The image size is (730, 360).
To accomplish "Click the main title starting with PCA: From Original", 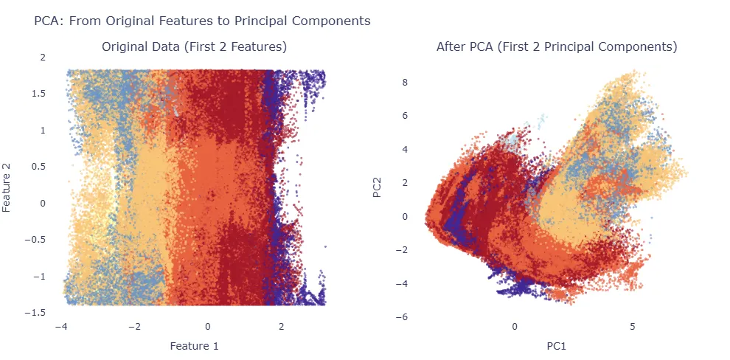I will pos(202,21).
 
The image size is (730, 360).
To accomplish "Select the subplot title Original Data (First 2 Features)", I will pos(194,47).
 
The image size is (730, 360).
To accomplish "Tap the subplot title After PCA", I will pos(557,47).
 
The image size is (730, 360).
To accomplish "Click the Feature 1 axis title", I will pos(194,345).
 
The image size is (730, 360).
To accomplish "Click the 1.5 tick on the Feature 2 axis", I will pos(38,94).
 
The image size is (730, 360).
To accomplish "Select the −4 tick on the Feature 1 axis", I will pos(61,326).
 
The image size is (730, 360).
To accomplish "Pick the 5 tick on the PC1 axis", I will pos(633,326).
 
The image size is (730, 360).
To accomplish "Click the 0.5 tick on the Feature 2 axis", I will pos(38,167).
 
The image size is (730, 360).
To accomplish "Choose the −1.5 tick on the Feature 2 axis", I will pos(35,313).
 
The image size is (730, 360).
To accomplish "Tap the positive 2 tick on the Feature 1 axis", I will pos(281,326).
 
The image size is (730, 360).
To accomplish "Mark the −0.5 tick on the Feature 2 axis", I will pos(35,240).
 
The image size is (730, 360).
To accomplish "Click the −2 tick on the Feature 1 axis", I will pos(134,326).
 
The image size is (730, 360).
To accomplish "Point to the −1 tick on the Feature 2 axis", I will pos(38,277).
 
